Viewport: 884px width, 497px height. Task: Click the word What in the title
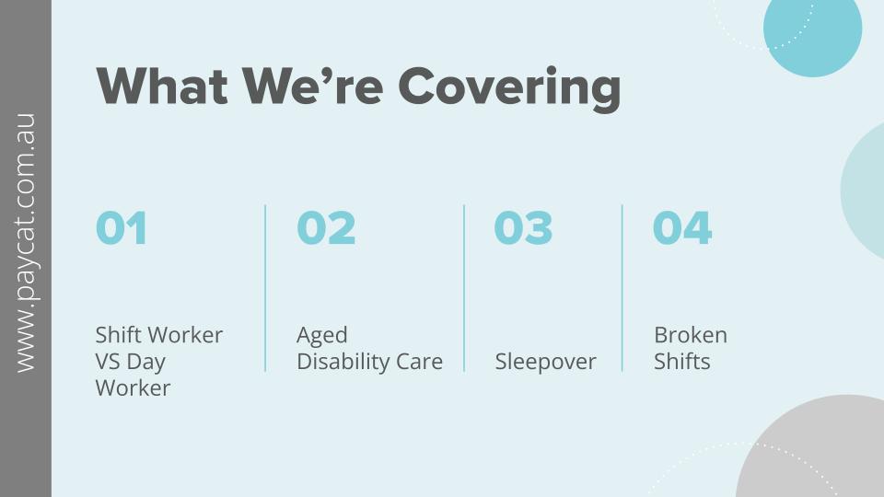(x=162, y=87)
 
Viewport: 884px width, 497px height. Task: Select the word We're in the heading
(x=313, y=87)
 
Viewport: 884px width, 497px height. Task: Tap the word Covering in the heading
(x=509, y=89)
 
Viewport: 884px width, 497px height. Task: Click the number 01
(x=122, y=227)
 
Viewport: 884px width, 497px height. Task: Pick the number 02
(x=326, y=227)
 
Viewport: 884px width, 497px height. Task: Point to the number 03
(x=523, y=227)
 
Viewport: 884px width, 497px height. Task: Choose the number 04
(x=682, y=227)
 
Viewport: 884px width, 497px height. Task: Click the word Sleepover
(x=545, y=362)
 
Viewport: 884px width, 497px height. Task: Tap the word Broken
(x=691, y=335)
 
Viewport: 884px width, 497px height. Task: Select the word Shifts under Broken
(x=681, y=361)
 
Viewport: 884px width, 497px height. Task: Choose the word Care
(x=420, y=362)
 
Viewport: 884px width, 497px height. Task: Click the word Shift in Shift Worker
(x=118, y=335)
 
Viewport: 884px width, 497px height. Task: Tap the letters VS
(x=107, y=361)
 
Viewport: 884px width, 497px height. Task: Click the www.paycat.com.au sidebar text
(x=26, y=243)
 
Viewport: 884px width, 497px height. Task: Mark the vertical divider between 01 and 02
(x=265, y=288)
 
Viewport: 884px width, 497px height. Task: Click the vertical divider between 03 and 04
(x=622, y=288)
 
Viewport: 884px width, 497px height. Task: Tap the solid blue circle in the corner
(x=812, y=29)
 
